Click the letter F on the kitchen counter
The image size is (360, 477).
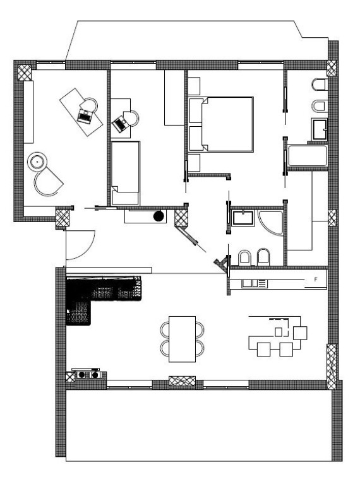pos(316,280)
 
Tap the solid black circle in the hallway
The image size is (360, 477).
pos(159,216)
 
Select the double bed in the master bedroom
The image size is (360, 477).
pos(221,124)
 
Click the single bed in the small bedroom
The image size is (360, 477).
pos(125,173)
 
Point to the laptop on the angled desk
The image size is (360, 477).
pos(85,115)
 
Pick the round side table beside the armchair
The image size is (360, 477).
pos(37,162)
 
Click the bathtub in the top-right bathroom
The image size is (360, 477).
pos(308,156)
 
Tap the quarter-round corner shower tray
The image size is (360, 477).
pos(270,221)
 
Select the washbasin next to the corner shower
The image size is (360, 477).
pos(243,217)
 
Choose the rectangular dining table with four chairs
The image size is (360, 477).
pos(182,339)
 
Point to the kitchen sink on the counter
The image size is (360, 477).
pos(255,283)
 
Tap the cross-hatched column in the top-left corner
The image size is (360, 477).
pos(25,73)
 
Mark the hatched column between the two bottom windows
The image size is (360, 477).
pos(182,381)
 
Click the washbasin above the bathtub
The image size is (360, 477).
pos(319,129)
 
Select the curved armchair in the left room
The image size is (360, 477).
pos(47,182)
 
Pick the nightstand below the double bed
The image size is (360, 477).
pos(194,163)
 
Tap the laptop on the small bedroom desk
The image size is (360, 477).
pos(120,124)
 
